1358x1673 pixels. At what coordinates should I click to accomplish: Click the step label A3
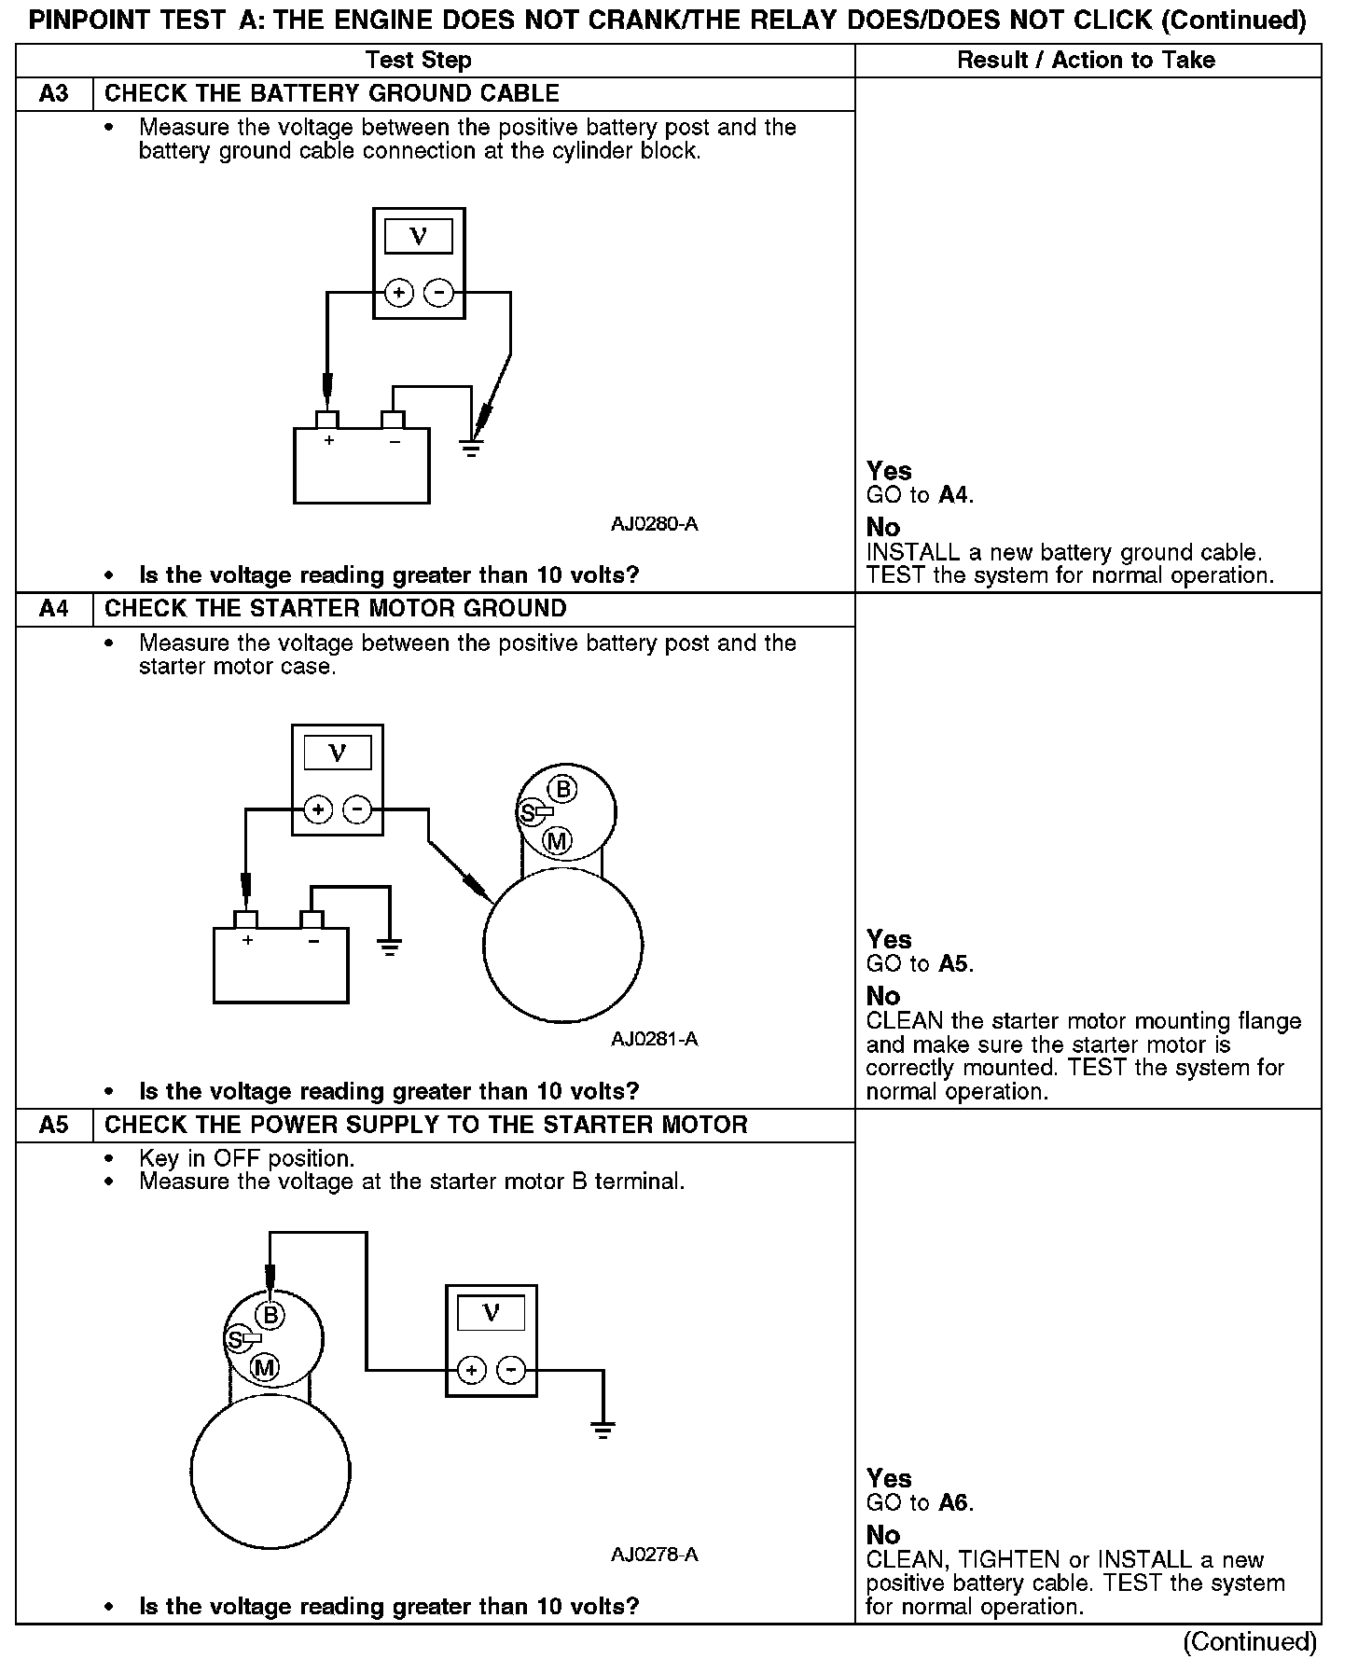pyautogui.click(x=54, y=94)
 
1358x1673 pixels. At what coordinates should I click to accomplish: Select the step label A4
pyautogui.click(x=54, y=609)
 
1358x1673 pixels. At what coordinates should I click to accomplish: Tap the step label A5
pyautogui.click(x=54, y=1125)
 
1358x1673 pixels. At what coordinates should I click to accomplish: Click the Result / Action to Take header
pyautogui.click(x=1087, y=61)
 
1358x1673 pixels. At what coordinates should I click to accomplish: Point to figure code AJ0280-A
pyautogui.click(x=654, y=524)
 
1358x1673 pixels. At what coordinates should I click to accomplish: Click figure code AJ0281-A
pyautogui.click(x=654, y=1039)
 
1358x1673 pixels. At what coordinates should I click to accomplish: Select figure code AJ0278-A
pyautogui.click(x=654, y=1555)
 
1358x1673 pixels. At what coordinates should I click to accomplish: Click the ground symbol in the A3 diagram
pyautogui.click(x=472, y=449)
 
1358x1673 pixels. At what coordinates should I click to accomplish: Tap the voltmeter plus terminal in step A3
pyautogui.click(x=399, y=294)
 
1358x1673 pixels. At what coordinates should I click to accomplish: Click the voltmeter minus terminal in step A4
pyautogui.click(x=357, y=809)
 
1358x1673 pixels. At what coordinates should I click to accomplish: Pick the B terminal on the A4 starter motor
pyautogui.click(x=562, y=790)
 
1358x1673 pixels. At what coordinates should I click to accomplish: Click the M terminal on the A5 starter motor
pyautogui.click(x=265, y=1368)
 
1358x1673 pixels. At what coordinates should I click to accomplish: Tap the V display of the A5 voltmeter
pyautogui.click(x=492, y=1313)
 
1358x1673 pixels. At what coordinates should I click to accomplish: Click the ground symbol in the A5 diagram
pyautogui.click(x=603, y=1430)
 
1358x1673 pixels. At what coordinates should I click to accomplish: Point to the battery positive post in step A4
pyautogui.click(x=246, y=919)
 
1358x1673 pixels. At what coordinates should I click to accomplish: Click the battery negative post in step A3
pyautogui.click(x=394, y=419)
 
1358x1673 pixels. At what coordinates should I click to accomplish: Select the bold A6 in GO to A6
pyautogui.click(x=954, y=1502)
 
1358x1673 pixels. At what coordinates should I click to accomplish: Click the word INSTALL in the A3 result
pyautogui.click(x=912, y=552)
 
